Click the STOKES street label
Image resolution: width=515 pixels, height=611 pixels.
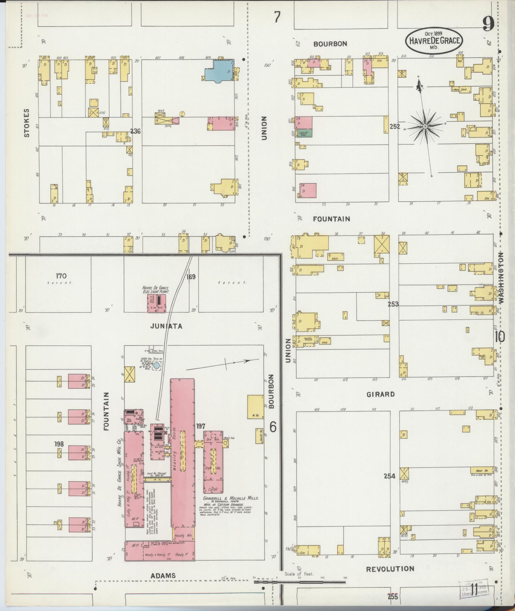click(27, 123)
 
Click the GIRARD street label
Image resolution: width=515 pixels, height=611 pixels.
click(381, 394)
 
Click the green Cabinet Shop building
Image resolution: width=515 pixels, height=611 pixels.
click(303, 134)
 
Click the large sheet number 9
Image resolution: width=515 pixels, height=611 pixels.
click(488, 24)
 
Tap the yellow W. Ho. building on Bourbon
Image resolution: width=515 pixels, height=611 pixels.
click(255, 407)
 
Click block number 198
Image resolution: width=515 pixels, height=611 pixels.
click(59, 444)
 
